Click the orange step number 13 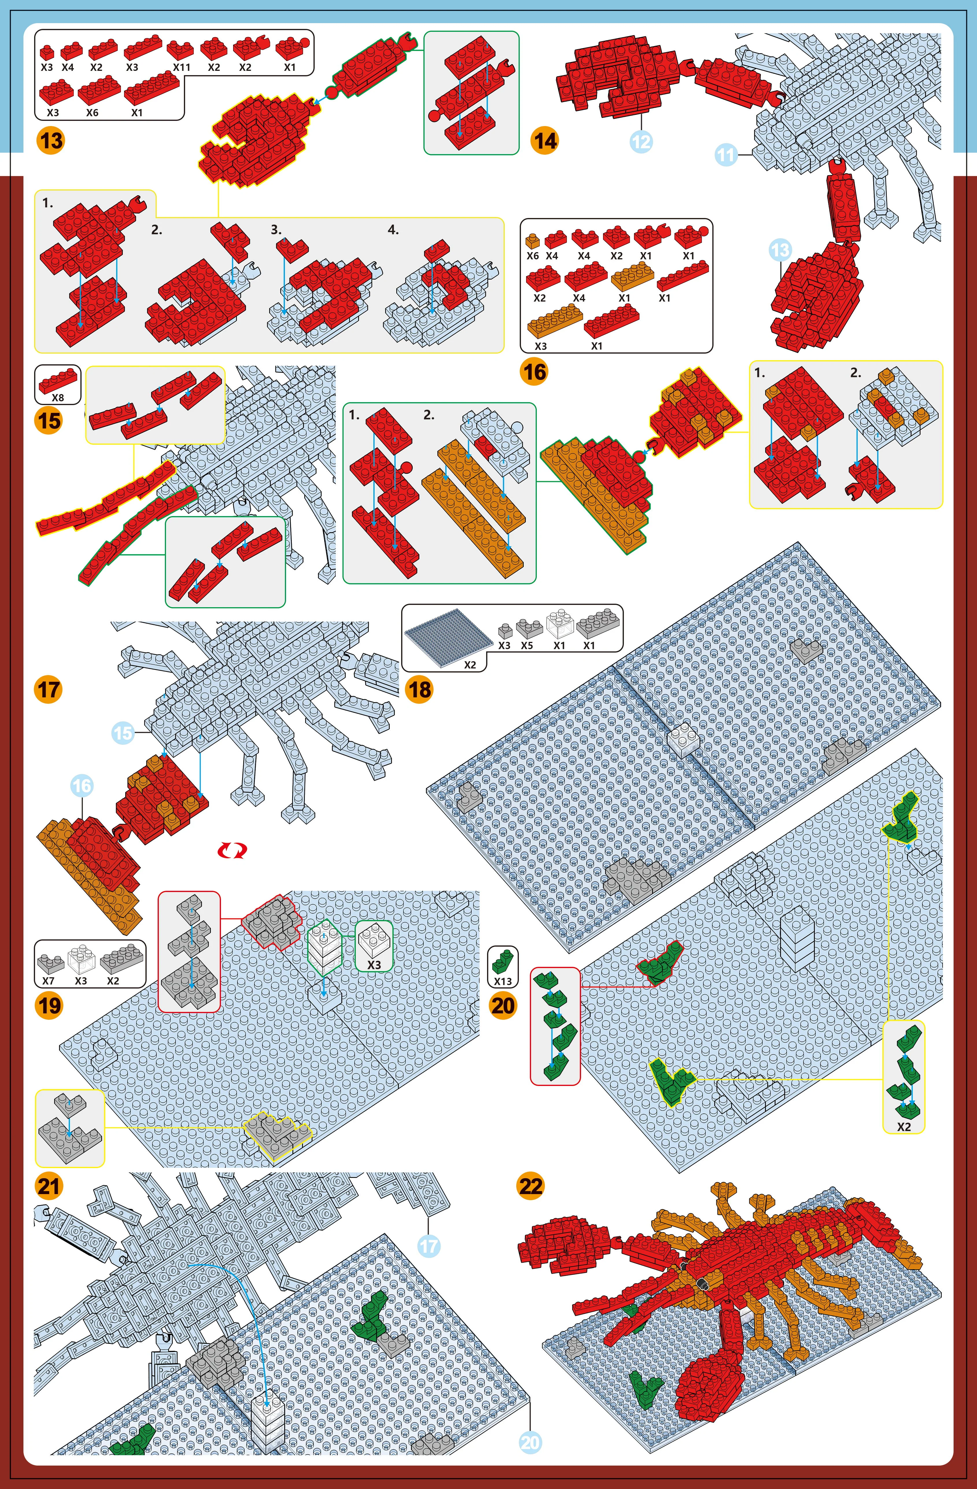[x=51, y=140]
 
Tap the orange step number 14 [x=545, y=140]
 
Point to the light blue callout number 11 [x=726, y=154]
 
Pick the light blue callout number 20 [x=530, y=1443]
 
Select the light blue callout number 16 [x=82, y=786]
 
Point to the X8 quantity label [x=58, y=397]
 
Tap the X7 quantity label [x=48, y=981]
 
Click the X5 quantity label [x=527, y=645]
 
